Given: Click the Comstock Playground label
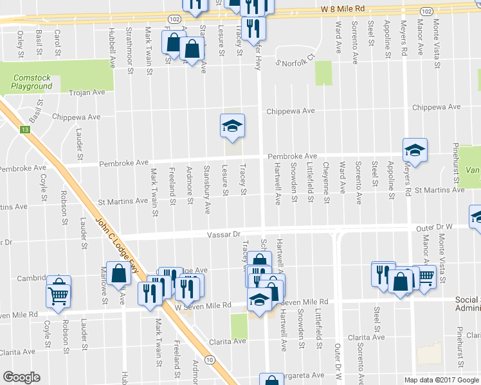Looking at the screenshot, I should (32, 82).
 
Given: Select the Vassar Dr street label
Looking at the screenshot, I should (223, 235).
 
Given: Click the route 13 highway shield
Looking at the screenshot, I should (25, 130).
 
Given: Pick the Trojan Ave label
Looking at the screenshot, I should (87, 92).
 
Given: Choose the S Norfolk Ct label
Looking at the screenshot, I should (294, 60).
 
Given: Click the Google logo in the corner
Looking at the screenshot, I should (21, 377).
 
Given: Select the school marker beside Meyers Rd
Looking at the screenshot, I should (415, 151).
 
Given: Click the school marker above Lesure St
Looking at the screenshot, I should (232, 126).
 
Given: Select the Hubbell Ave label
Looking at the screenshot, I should (113, 47).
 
